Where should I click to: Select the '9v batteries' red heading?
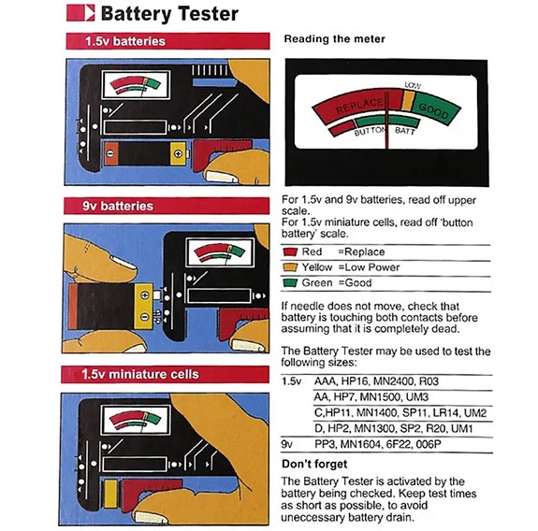(x=112, y=205)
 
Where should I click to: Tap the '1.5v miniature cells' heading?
(x=141, y=374)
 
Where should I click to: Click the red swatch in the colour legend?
(x=289, y=252)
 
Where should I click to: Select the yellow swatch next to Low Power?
(x=289, y=267)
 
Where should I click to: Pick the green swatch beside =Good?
(x=289, y=283)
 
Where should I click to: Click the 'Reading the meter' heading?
(x=333, y=40)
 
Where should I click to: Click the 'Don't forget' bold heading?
(x=314, y=465)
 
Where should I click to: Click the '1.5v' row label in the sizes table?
(x=292, y=383)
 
